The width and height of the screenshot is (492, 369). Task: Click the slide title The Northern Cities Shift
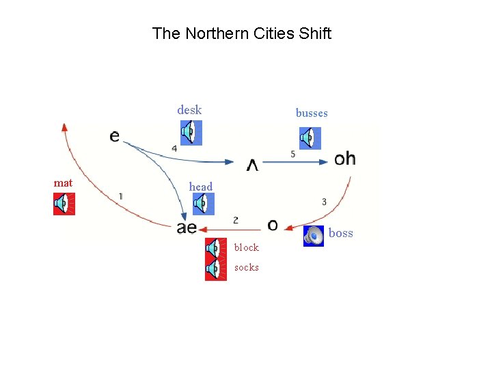(242, 33)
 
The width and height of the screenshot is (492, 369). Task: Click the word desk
(189, 110)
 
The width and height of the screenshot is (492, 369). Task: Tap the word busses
(312, 113)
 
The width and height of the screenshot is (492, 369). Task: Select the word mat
(63, 183)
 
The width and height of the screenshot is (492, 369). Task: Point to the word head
(201, 187)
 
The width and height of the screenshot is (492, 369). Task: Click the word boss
(341, 234)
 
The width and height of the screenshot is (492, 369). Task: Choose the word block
(246, 247)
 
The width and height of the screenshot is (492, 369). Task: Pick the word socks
(246, 267)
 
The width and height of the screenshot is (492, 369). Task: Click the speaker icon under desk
(191, 132)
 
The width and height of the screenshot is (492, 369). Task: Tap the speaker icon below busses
(310, 138)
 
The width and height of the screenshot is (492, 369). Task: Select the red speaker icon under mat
(64, 204)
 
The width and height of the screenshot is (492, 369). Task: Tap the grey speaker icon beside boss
(314, 236)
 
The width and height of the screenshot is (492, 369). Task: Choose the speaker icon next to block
(216, 248)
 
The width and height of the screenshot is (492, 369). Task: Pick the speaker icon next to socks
(216, 269)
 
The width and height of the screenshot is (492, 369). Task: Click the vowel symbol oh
(345, 159)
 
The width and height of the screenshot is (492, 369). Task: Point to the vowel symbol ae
(187, 228)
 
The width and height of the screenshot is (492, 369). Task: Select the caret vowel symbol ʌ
(252, 165)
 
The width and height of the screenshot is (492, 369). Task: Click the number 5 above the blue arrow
(293, 154)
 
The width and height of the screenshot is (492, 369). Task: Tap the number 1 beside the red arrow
(120, 196)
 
